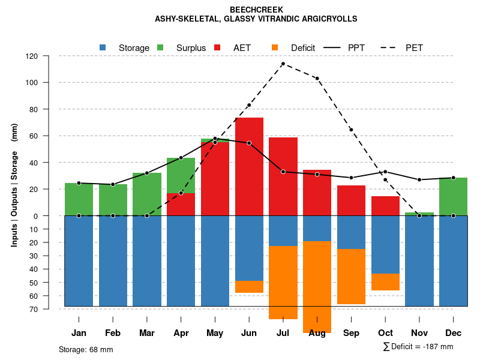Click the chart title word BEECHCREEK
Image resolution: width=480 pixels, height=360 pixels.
(256, 10)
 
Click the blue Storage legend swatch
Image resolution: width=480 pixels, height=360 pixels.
(103, 47)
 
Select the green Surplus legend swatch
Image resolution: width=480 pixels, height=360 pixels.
(160, 47)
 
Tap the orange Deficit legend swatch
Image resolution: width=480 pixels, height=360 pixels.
(275, 47)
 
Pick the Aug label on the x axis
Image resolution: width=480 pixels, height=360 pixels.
(317, 333)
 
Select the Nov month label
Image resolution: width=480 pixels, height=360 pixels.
(419, 333)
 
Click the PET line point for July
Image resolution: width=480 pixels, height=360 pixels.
(283, 64)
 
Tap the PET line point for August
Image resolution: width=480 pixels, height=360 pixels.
(317, 79)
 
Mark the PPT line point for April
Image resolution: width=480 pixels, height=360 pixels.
(181, 158)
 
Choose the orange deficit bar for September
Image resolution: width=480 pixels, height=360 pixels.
(351, 277)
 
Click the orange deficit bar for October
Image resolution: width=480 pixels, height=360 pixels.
(385, 282)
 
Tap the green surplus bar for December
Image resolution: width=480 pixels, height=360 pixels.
(453, 196)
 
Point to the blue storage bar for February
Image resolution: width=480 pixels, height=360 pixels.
(113, 261)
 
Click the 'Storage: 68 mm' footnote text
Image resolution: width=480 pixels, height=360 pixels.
(86, 349)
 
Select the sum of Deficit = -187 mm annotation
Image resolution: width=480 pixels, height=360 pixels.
(418, 347)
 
